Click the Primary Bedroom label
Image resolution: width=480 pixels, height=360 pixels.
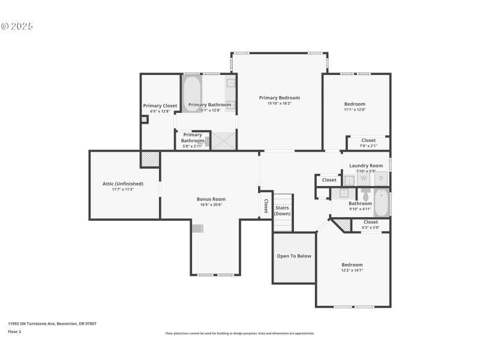click(279, 98)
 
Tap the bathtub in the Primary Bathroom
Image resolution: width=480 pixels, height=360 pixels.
click(191, 94)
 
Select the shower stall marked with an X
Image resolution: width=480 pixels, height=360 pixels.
click(223, 141)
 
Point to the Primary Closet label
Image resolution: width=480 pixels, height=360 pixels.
click(160, 106)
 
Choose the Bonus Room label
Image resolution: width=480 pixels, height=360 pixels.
click(211, 199)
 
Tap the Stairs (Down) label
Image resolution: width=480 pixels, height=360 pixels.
click(283, 210)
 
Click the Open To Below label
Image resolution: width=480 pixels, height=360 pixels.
click(294, 256)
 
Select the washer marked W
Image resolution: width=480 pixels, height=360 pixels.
click(364, 179)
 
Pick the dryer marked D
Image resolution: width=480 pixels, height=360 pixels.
click(380, 179)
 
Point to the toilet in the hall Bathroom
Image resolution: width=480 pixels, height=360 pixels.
click(365, 196)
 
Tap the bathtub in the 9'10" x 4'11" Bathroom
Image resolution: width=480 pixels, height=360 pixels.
click(382, 203)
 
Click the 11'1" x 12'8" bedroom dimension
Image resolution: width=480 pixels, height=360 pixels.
click(355, 109)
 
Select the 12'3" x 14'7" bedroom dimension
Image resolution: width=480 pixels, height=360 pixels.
click(352, 271)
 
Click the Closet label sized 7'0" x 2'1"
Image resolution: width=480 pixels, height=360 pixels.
click(368, 140)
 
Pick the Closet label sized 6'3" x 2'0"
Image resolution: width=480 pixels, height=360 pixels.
click(371, 222)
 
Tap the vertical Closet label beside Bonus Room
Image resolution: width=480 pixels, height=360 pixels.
click(266, 206)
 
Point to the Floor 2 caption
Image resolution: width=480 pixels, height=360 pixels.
click(14, 331)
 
